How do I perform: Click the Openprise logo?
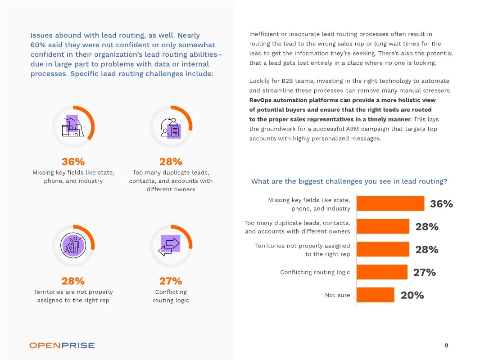tap(62, 346)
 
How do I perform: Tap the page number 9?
tap(446, 346)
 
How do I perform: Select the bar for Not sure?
tap(376, 295)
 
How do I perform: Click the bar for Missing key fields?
tap(390, 204)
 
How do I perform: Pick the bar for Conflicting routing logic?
tap(382, 272)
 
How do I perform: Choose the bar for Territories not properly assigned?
tap(383, 249)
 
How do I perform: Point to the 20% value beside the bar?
tap(412, 295)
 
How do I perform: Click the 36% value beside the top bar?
tap(441, 204)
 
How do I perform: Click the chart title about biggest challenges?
tap(349, 181)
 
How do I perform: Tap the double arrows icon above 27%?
tap(170, 245)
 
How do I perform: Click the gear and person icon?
tap(73, 245)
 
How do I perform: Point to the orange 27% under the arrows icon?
tap(171, 281)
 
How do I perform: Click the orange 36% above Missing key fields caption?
tap(73, 162)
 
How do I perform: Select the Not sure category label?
tap(337, 295)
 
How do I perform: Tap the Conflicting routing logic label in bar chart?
tap(315, 272)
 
